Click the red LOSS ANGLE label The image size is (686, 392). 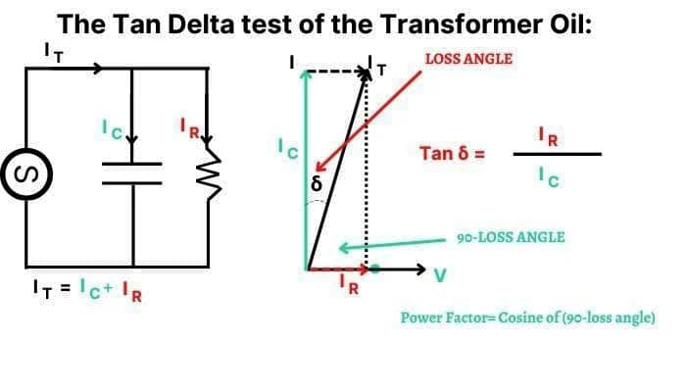pyautogui.click(x=468, y=59)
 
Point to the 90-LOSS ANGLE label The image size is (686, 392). pyautogui.click(x=512, y=237)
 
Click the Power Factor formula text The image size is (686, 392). pyautogui.click(x=527, y=318)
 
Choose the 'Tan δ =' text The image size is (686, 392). pyautogui.click(x=452, y=154)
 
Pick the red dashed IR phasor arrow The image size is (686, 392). pyautogui.click(x=338, y=268)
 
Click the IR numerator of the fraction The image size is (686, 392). pyautogui.click(x=551, y=136)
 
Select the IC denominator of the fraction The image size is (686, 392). pyautogui.click(x=552, y=177)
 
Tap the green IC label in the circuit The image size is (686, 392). pyautogui.click(x=115, y=128)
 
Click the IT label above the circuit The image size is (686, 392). pyautogui.click(x=55, y=52)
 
